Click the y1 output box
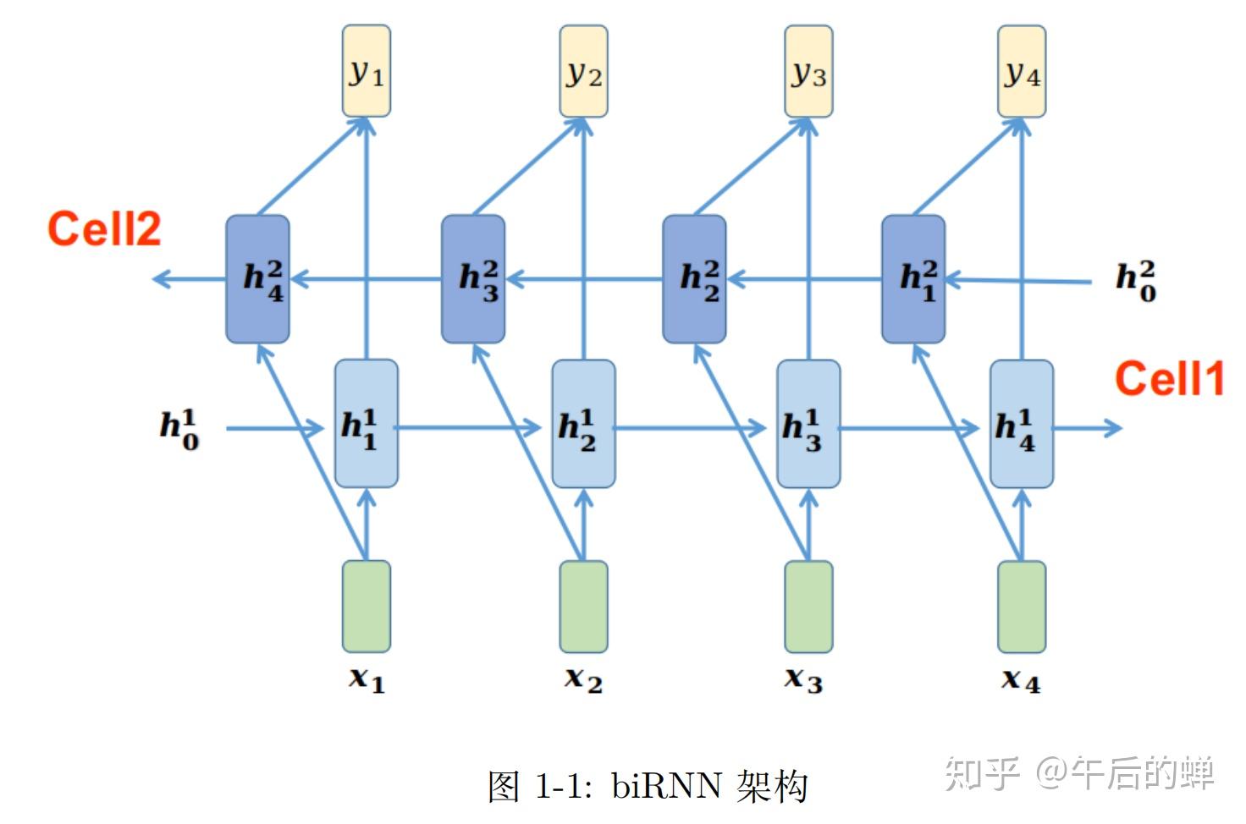coord(366,71)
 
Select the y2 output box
coord(583,71)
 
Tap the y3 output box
coord(808,71)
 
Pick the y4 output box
coord(1022,71)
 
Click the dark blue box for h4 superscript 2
coord(257,279)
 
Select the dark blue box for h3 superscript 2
coord(473,279)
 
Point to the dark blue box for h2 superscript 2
coord(694,279)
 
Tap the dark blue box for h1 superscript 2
coord(913,279)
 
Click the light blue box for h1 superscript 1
coord(366,424)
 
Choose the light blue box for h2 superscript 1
coord(583,424)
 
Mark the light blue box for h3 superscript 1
coord(808,424)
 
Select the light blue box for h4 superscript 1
coord(1022,424)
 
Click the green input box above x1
coord(366,606)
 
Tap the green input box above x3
coord(808,606)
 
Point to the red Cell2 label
coord(104,229)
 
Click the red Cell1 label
coord(1169,378)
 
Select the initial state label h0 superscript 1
coord(179,428)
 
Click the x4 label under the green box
coord(1020,679)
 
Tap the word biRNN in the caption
coord(667,786)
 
